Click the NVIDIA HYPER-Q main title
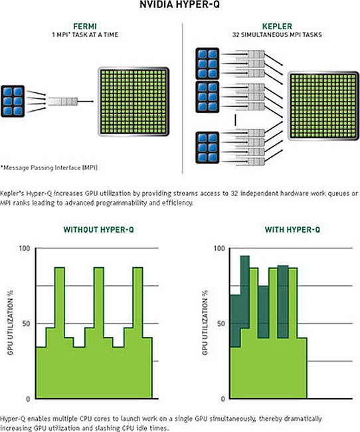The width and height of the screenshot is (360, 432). point(179,5)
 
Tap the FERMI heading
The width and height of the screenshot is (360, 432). point(85,27)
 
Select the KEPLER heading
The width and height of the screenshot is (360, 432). point(277,27)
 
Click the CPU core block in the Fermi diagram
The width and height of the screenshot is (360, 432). point(13,102)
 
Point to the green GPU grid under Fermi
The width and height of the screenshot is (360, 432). point(134,102)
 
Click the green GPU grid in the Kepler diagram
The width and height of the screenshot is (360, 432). point(323,106)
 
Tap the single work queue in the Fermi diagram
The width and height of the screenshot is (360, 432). point(63,102)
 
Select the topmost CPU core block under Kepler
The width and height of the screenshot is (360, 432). point(207,64)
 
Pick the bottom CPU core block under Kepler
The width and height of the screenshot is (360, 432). point(207,148)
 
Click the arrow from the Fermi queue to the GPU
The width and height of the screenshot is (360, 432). point(86,102)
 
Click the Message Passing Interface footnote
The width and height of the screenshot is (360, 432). point(49,167)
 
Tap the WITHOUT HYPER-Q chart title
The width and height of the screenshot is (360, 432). point(98,229)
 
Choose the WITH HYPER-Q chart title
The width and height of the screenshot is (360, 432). point(292,229)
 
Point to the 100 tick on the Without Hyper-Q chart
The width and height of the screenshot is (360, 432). point(24,249)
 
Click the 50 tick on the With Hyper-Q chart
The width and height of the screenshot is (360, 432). point(221,324)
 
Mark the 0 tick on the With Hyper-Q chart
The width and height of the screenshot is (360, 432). point(223,399)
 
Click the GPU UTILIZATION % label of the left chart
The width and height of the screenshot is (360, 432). point(11,322)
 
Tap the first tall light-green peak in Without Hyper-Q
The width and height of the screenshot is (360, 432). point(60,303)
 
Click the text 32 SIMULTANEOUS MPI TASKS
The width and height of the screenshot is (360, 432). point(277,35)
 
